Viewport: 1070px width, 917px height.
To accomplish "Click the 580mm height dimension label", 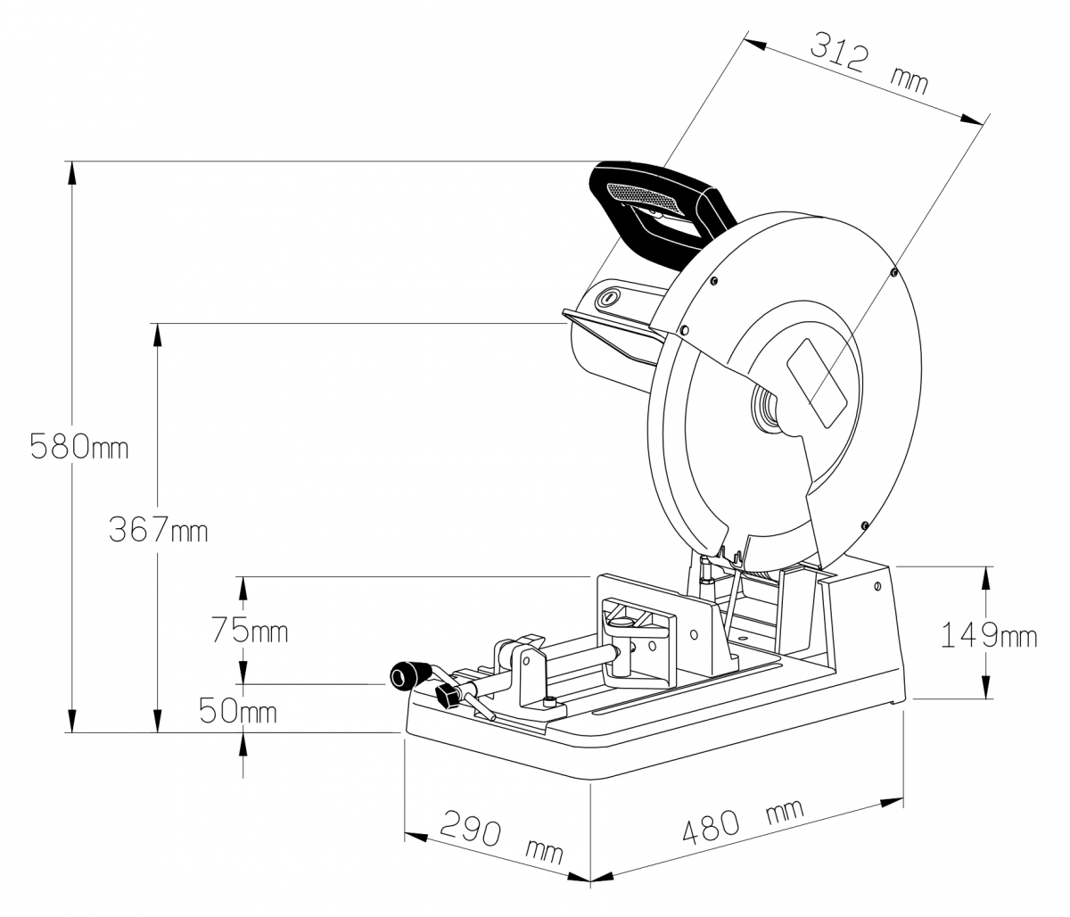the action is click(x=78, y=446).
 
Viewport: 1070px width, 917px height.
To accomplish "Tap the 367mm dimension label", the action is click(x=158, y=530).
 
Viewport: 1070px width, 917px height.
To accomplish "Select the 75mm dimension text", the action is click(x=250, y=631).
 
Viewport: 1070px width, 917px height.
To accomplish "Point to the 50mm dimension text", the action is click(x=237, y=710).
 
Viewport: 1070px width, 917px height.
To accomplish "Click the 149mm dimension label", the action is click(x=989, y=635).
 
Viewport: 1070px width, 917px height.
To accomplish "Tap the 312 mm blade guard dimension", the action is click(x=869, y=63).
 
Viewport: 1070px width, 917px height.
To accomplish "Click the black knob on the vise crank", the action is click(x=410, y=675).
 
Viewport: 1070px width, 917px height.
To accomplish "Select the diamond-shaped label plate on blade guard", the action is click(x=817, y=384).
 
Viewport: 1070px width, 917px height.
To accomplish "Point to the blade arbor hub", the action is click(x=765, y=409).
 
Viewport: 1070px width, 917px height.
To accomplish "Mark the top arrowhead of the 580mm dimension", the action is click(x=72, y=172).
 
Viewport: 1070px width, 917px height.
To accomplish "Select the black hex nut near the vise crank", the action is click(x=448, y=696).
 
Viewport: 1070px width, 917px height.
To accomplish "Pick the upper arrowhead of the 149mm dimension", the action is click(x=985, y=577).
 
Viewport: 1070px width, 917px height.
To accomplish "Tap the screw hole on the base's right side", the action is click(x=877, y=586).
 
